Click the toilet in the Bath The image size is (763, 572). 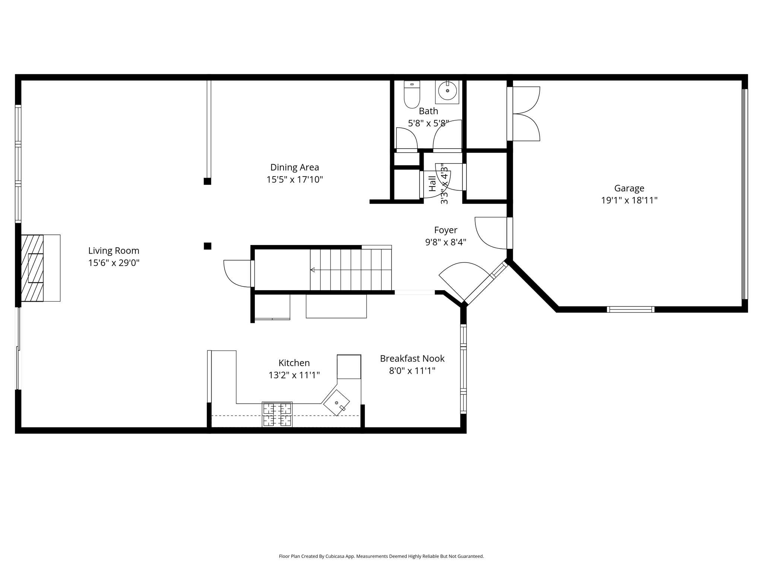[412, 95]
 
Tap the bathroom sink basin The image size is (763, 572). [447, 91]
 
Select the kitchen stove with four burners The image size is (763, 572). [277, 414]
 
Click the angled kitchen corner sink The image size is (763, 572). [336, 403]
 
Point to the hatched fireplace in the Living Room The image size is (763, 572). [32, 268]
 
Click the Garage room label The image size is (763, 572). [629, 188]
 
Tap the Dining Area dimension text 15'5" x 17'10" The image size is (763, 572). [294, 180]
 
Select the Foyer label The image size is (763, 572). [446, 230]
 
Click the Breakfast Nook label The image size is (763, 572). [412, 359]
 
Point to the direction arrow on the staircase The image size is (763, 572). [313, 270]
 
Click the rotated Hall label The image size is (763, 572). [432, 184]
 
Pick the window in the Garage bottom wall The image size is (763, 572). [630, 309]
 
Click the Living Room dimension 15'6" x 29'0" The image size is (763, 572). [114, 263]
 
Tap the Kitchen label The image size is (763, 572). [294, 363]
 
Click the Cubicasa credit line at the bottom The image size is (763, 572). [381, 556]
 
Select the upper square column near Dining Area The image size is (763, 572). [208, 181]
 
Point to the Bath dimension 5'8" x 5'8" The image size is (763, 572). [428, 123]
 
